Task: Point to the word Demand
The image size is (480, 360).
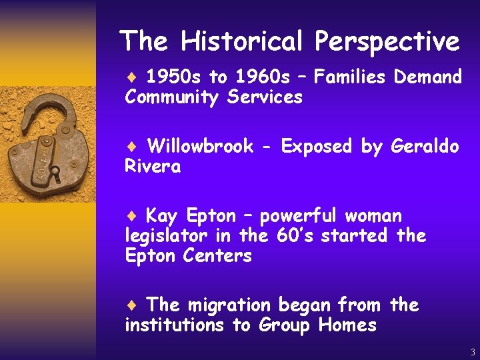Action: tap(428, 77)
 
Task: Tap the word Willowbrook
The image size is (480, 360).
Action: tap(200, 146)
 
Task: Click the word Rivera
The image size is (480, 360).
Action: tap(153, 167)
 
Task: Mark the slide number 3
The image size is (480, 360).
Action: tap(472, 352)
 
